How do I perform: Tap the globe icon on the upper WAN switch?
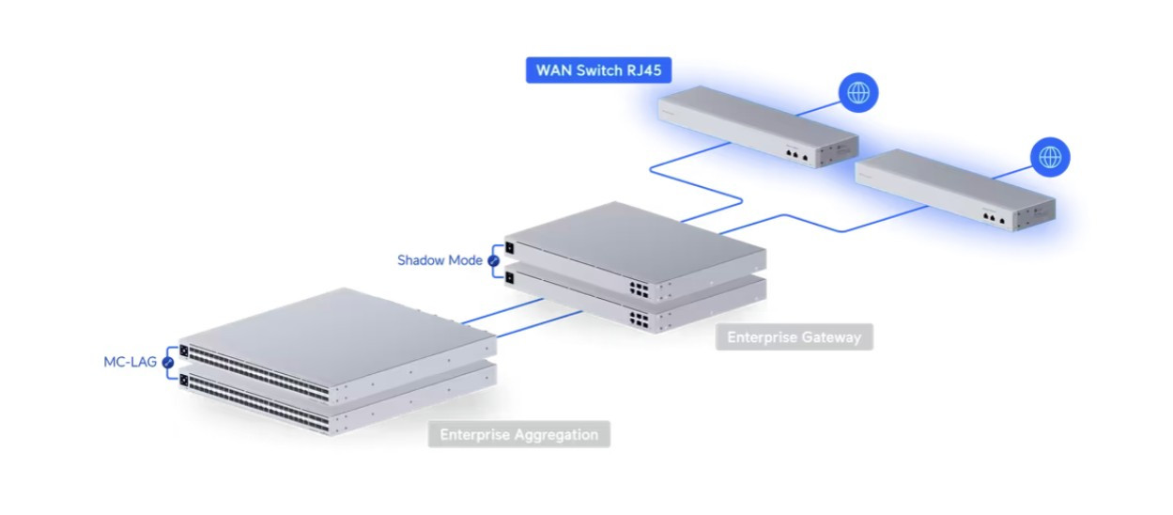pos(858,93)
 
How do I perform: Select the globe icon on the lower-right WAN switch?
pos(1050,157)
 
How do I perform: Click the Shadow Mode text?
pos(440,260)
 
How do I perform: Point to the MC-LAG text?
pos(131,362)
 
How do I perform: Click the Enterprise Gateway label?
pos(794,336)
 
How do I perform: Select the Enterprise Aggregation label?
pos(518,434)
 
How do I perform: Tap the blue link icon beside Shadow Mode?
pos(491,260)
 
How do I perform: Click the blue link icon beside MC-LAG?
pos(168,362)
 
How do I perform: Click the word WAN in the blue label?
pos(554,70)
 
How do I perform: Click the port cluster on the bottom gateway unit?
pos(640,318)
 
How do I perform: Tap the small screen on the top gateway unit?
pos(508,248)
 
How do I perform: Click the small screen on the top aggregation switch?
pos(184,351)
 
